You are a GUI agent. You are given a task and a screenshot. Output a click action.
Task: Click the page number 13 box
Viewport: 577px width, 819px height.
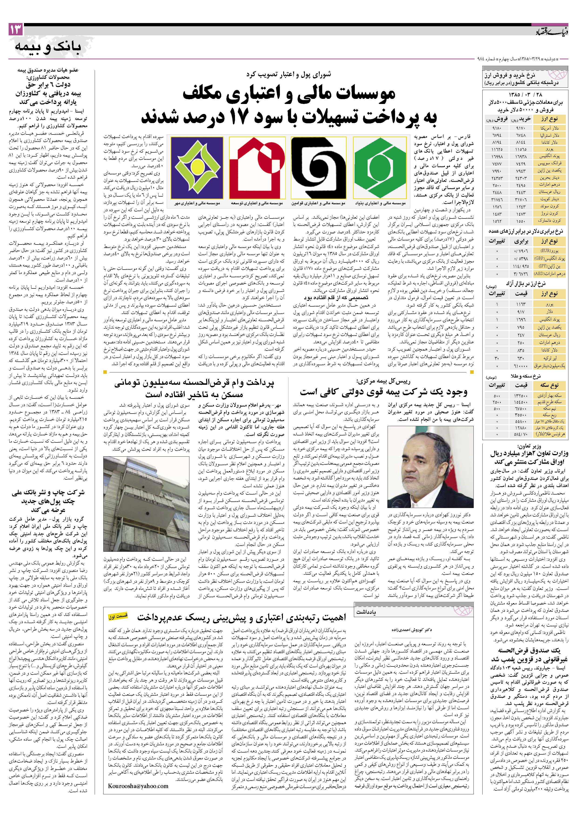pos(15,30)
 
